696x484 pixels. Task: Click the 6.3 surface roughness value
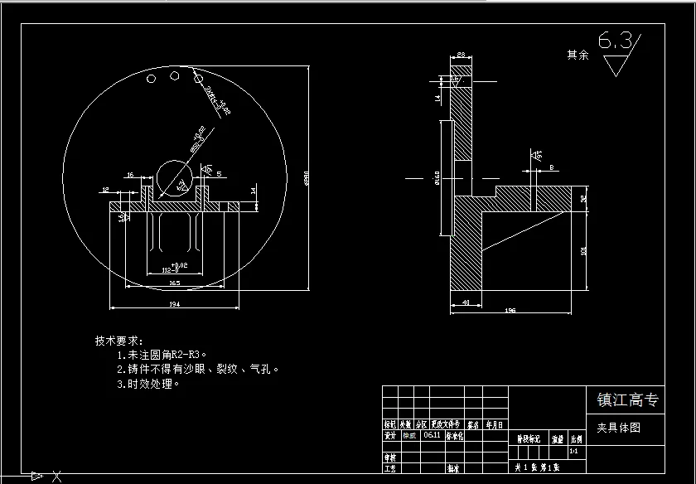(x=615, y=40)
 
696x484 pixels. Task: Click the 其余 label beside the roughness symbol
(x=578, y=55)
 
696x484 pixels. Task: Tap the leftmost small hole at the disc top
(x=152, y=79)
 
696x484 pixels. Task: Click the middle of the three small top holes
(x=174, y=75)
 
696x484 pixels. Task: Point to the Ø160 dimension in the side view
(x=436, y=177)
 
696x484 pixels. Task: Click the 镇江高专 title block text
(x=628, y=400)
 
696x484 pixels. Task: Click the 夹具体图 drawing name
(x=618, y=428)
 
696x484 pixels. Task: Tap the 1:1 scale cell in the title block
(x=574, y=453)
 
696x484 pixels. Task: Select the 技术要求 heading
(x=118, y=341)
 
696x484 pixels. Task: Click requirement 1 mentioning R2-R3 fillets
(x=161, y=355)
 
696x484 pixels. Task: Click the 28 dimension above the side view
(x=461, y=55)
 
